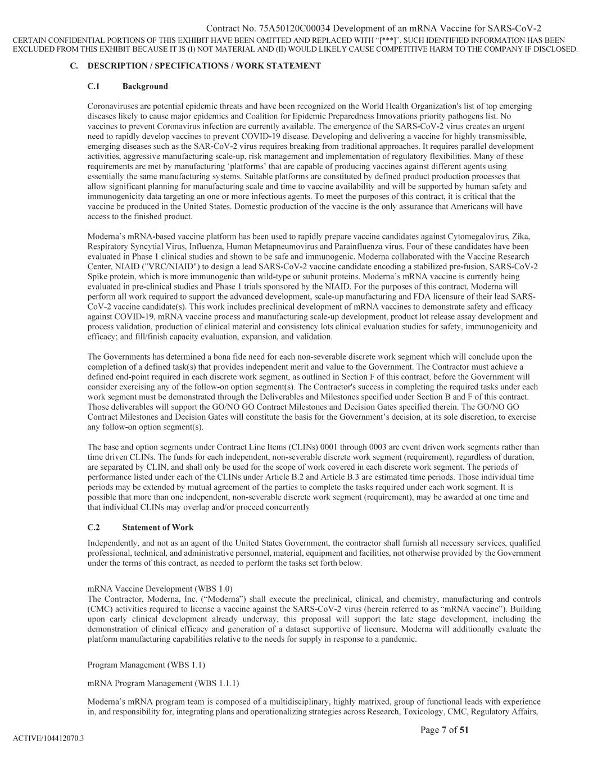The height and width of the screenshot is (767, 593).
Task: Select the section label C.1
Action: [x=93, y=86]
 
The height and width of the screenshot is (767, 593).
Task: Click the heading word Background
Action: [x=145, y=86]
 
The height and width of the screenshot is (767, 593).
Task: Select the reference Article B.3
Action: [x=348, y=477]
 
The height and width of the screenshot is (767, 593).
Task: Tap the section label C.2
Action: [x=93, y=527]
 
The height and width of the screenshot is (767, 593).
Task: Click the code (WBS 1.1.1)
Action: [x=216, y=683]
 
